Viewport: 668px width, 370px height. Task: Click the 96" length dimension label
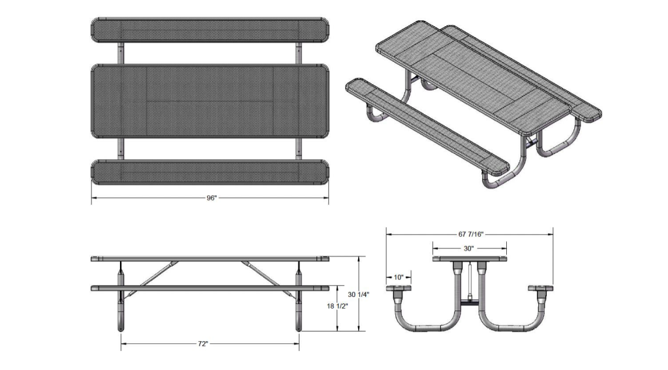point(211,198)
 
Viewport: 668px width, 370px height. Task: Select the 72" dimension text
point(210,343)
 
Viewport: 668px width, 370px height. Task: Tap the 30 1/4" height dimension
point(358,294)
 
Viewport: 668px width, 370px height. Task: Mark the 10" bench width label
point(398,277)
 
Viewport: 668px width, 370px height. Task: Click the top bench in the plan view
point(210,30)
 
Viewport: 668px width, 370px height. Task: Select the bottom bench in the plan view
point(210,172)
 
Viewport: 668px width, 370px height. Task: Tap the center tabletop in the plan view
point(210,101)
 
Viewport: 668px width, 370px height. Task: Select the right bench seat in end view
point(541,288)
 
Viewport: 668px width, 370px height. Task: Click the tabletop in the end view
point(470,259)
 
